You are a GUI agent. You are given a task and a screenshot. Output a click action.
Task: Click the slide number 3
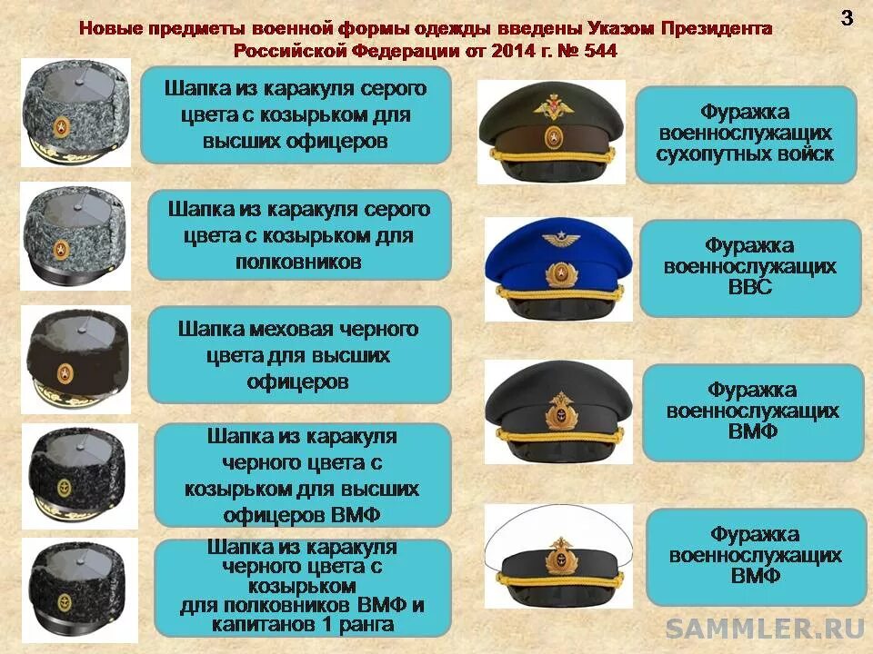click(847, 18)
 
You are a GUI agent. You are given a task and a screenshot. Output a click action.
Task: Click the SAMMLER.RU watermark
click(767, 628)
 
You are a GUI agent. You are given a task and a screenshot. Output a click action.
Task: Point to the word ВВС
click(749, 289)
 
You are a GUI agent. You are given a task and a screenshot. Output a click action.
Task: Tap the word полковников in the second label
click(298, 262)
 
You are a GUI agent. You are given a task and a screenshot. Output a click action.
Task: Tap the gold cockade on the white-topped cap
click(558, 556)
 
